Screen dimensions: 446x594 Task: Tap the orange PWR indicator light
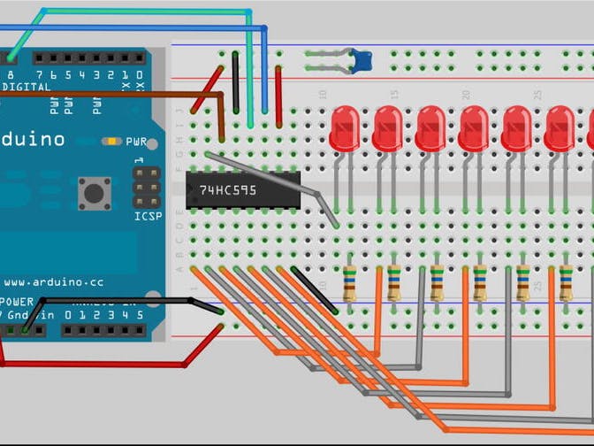click(110, 141)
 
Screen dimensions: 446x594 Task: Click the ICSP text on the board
click(148, 217)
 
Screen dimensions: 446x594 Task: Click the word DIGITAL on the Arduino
click(27, 88)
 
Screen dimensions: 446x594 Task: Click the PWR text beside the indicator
click(136, 142)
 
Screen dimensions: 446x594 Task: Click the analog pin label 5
click(139, 314)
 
